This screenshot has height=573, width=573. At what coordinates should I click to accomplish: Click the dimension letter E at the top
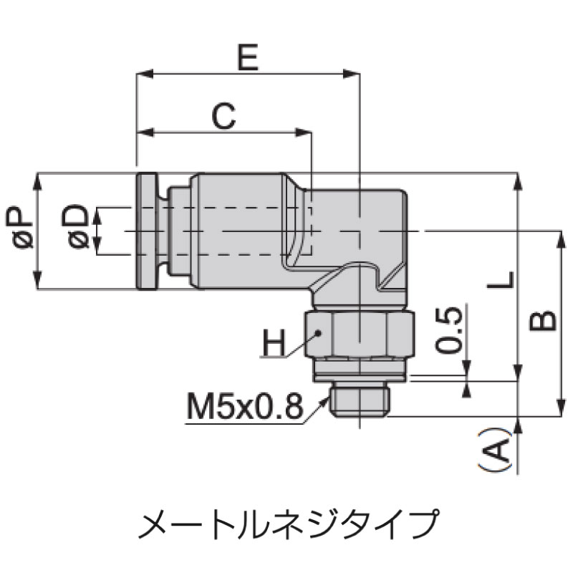coord(248,58)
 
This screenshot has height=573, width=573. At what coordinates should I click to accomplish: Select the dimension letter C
coord(223,117)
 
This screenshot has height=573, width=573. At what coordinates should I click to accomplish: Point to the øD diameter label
coord(75,226)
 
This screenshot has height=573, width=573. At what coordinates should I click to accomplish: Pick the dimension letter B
coord(543,321)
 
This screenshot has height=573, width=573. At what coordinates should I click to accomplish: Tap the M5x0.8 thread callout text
coord(244,406)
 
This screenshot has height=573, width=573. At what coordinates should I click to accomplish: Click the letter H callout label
coord(273,343)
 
